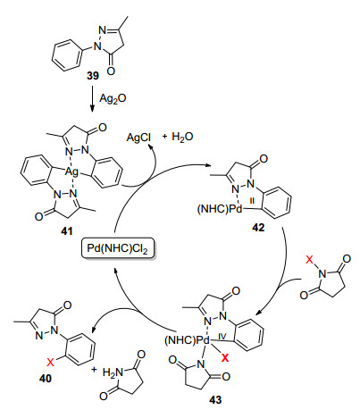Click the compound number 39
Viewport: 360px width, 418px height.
pyautogui.click(x=93, y=76)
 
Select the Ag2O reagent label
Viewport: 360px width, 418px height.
pyautogui.click(x=113, y=98)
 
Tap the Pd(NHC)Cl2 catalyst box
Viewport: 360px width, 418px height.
pyautogui.click(x=117, y=248)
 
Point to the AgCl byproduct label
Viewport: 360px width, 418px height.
pyautogui.click(x=138, y=138)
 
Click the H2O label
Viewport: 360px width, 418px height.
pyautogui.click(x=182, y=138)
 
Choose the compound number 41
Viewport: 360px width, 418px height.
pyautogui.click(x=66, y=231)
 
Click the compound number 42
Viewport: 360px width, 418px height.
pyautogui.click(x=258, y=228)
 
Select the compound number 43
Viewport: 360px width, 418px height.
pyautogui.click(x=215, y=399)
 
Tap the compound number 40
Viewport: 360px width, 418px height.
pyautogui.click(x=46, y=379)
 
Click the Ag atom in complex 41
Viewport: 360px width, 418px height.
pyautogui.click(x=71, y=171)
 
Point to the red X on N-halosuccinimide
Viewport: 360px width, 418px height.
pyautogui.click(x=310, y=261)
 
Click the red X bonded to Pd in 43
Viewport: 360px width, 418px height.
pyautogui.click(x=225, y=357)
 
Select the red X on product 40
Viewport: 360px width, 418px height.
pyautogui.click(x=51, y=362)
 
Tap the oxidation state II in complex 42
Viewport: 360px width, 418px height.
pyautogui.click(x=252, y=202)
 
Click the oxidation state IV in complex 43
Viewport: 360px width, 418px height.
pyautogui.click(x=222, y=337)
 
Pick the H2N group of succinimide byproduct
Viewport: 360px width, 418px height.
pyautogui.click(x=113, y=372)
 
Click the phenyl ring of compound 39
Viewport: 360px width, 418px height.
pyautogui.click(x=67, y=56)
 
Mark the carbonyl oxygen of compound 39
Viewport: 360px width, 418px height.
pyautogui.click(x=111, y=71)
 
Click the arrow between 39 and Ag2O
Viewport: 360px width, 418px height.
pyautogui.click(x=92, y=99)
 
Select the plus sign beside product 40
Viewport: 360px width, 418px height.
pyautogui.click(x=94, y=370)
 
